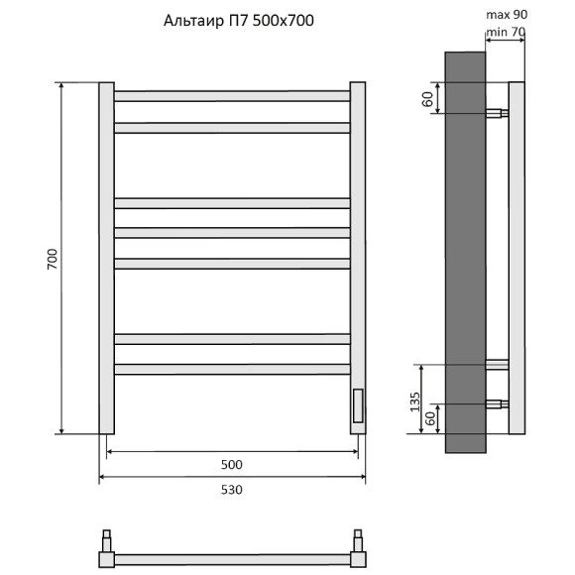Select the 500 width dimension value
click(x=231, y=464)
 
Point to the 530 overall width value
click(x=231, y=490)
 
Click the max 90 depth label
click(x=507, y=16)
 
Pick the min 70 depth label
click(x=505, y=33)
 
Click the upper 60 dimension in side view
click(x=427, y=98)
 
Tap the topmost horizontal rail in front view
click(x=232, y=96)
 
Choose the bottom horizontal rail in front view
click(x=232, y=369)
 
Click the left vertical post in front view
click(x=106, y=258)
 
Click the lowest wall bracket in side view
click(x=497, y=404)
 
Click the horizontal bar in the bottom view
click(x=232, y=559)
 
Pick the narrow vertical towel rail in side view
click(x=516, y=258)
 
